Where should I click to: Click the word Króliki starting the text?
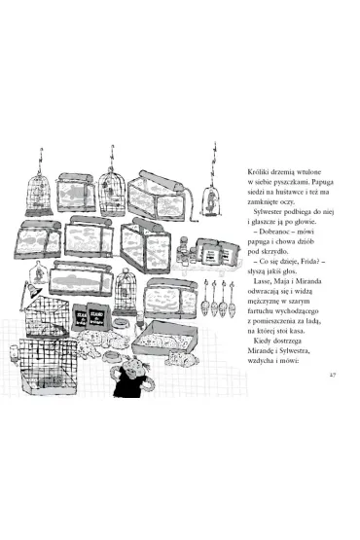pos(257,172)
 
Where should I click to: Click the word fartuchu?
pos(260,311)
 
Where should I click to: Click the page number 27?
pos(333,375)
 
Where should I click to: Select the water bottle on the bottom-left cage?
pos(15,355)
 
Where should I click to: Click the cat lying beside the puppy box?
pos(182,358)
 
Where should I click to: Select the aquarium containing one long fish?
pos(82,279)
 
